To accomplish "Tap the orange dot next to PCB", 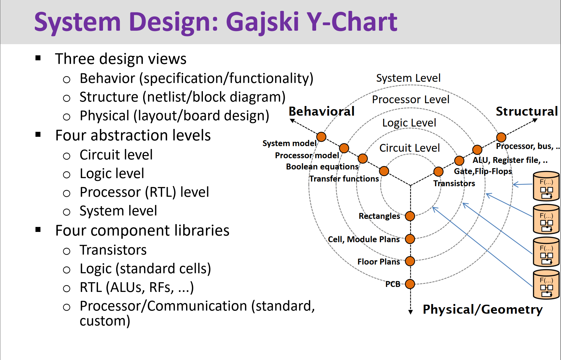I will [x=410, y=284].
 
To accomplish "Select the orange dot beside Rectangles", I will [x=410, y=216].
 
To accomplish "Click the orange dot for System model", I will [x=321, y=137].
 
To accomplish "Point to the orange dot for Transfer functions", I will [x=384, y=171].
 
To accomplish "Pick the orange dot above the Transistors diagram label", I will [x=438, y=171].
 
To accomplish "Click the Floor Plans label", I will [x=378, y=262].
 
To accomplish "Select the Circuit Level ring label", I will [x=409, y=148].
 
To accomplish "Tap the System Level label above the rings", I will [x=408, y=78].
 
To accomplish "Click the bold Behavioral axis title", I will [x=321, y=111].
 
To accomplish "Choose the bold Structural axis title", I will [x=526, y=111].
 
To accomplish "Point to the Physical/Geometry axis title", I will [x=482, y=310].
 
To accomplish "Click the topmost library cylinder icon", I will [x=546, y=186].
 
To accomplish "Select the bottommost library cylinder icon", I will [x=546, y=284].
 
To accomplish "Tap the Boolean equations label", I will [x=322, y=167].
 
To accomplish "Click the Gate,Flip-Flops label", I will [x=483, y=171].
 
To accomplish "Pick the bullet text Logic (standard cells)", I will [x=145, y=269].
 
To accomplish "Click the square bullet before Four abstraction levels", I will [x=38, y=135].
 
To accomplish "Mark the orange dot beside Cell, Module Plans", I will [x=410, y=239].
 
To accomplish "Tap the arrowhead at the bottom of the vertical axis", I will [x=410, y=312].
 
